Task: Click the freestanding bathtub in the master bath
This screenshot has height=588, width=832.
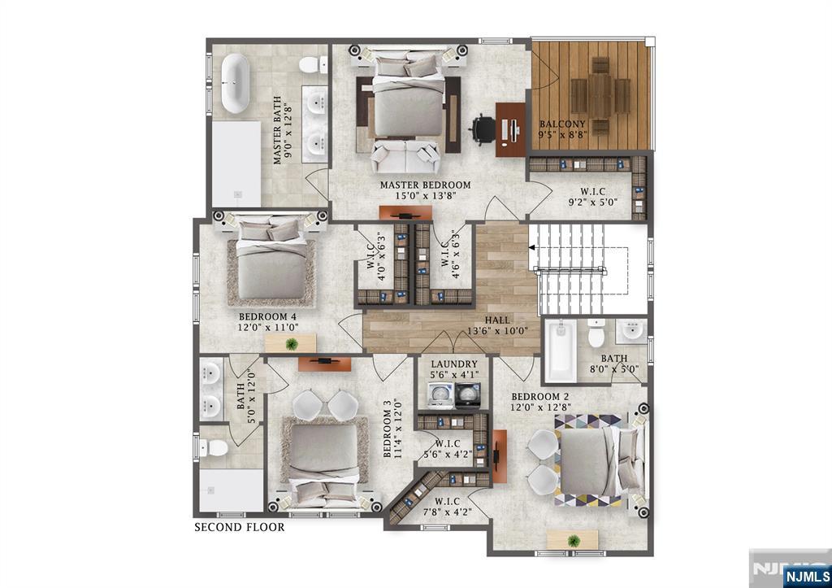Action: [x=235, y=84]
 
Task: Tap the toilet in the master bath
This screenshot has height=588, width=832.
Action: [x=313, y=65]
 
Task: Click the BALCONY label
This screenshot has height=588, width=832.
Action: [x=562, y=124]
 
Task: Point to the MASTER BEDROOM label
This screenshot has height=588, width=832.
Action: [x=425, y=185]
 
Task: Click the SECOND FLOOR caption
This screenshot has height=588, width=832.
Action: [x=240, y=527]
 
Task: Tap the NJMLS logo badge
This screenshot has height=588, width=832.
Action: [x=807, y=576]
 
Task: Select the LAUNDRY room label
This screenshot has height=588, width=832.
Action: [x=454, y=364]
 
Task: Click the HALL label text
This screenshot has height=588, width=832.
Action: [x=497, y=320]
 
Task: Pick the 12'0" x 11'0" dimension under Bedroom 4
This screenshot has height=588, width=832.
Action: [x=268, y=327]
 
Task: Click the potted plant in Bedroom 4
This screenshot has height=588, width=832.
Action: [x=292, y=344]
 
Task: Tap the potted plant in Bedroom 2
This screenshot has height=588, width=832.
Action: [x=574, y=541]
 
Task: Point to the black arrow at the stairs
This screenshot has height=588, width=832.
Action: [x=531, y=247]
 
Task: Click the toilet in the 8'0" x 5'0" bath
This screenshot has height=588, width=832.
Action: [x=596, y=333]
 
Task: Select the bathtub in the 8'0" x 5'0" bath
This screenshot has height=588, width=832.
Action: [x=561, y=351]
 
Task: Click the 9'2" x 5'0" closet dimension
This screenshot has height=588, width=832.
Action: [x=592, y=202]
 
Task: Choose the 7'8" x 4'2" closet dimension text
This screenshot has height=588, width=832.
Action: [x=448, y=512]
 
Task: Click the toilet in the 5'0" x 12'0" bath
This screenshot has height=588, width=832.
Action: [x=214, y=448]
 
